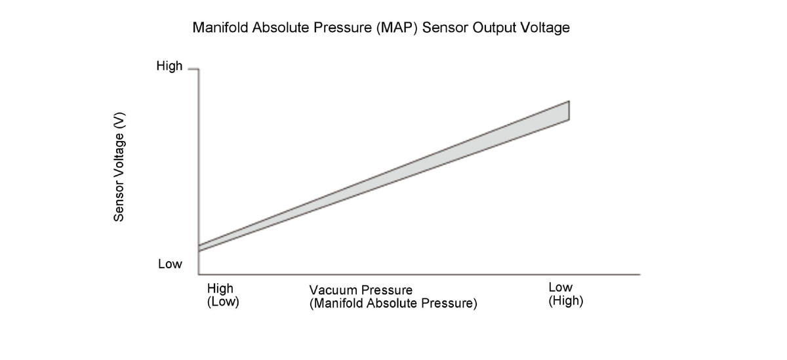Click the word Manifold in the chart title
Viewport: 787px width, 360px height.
220,28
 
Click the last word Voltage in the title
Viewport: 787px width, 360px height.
543,28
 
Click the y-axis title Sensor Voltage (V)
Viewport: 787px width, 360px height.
119,167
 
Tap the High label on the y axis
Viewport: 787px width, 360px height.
169,66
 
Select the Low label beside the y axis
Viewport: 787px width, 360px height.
170,264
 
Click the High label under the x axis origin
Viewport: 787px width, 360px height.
220,288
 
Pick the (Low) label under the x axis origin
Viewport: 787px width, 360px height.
223,302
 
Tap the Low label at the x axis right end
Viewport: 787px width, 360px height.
560,287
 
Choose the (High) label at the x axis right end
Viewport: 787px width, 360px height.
566,302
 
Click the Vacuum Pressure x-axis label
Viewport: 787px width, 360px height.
361,290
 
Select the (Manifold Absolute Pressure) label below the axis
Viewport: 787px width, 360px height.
393,304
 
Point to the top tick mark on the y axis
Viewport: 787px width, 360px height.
193,68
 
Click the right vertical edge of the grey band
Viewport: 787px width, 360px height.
569,110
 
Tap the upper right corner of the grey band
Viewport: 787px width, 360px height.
569,101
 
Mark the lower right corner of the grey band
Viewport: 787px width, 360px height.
569,120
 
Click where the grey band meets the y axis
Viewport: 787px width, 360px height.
199,248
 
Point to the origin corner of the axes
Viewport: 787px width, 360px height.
199,274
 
